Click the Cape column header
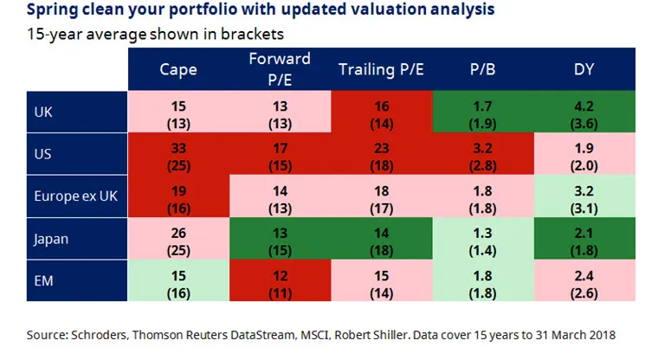tap(178, 69)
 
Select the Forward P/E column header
tap(280, 68)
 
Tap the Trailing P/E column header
tap(380, 69)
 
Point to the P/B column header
tap(482, 69)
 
